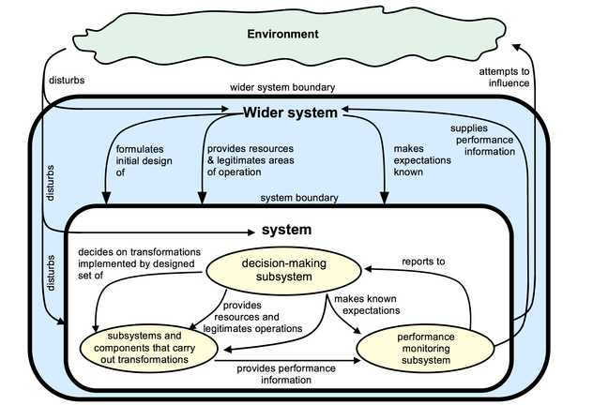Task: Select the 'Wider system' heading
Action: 290,112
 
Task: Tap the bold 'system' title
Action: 286,229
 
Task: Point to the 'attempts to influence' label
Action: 503,76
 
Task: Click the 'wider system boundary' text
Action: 282,88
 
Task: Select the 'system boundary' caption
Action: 299,199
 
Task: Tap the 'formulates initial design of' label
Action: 140,160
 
